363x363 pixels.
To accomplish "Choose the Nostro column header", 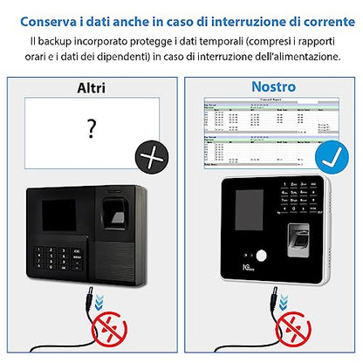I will pyautogui.click(x=273, y=87).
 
